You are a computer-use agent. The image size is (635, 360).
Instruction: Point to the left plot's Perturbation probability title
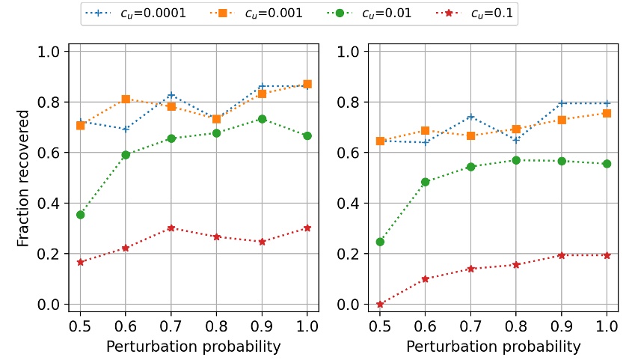194,347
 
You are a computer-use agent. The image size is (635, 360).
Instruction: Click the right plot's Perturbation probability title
493,347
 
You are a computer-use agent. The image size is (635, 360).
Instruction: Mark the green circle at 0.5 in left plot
81,215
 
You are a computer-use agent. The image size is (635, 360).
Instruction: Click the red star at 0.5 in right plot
380,305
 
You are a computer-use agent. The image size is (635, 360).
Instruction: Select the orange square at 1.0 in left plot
307,85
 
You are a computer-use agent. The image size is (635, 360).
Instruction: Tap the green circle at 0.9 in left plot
262,119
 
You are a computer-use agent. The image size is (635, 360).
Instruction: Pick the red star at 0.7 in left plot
171,228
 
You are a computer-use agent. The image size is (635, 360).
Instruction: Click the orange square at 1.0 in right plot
607,113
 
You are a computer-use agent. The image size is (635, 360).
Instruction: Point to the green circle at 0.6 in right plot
425,182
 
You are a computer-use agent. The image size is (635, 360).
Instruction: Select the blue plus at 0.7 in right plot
470,117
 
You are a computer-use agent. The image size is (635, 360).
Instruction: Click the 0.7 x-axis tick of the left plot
171,326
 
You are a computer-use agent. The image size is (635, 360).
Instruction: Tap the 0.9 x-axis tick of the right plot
561,326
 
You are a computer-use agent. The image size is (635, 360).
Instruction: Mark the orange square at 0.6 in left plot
126,100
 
